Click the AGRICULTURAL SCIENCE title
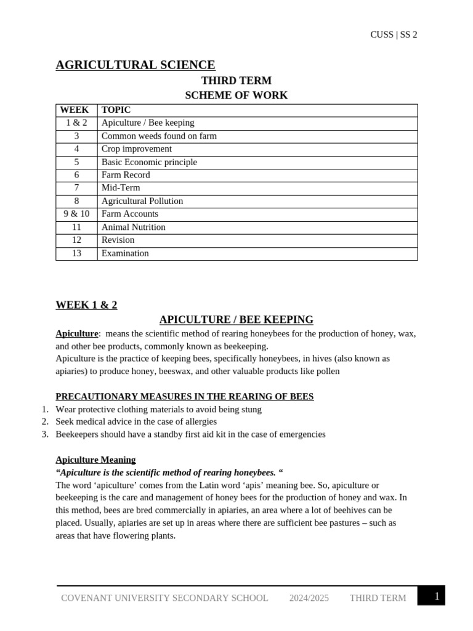(x=135, y=65)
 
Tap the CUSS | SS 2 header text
(x=394, y=35)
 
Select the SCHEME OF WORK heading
(x=236, y=96)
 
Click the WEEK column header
(x=75, y=110)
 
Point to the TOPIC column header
(x=116, y=110)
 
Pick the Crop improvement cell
(x=137, y=149)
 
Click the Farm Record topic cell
(x=126, y=175)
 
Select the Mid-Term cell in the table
(x=121, y=188)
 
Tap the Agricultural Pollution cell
(x=142, y=201)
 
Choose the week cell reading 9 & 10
(x=76, y=214)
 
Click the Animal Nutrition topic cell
(x=134, y=227)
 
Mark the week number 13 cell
(x=76, y=253)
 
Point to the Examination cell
(x=125, y=253)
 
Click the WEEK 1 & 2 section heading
(x=86, y=305)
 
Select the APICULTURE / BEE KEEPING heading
(x=236, y=320)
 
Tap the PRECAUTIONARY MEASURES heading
(x=185, y=397)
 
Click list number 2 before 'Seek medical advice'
(x=45, y=421)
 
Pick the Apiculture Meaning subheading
(x=95, y=460)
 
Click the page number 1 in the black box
(x=437, y=596)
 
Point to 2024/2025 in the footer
(x=309, y=598)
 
